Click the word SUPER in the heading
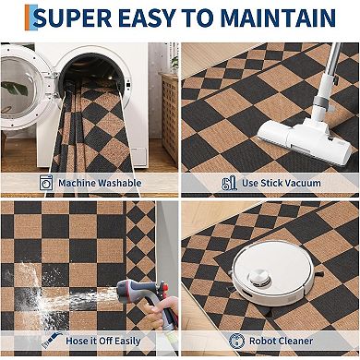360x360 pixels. click(72, 18)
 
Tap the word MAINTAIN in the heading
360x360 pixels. click(278, 18)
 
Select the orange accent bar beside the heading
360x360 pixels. click(27, 18)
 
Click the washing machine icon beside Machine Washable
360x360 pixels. click(46, 183)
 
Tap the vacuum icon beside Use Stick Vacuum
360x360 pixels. click(230, 183)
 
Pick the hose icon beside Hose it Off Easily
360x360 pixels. click(52, 340)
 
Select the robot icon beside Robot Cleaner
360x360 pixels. click(237, 341)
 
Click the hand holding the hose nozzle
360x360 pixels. click(162, 312)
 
